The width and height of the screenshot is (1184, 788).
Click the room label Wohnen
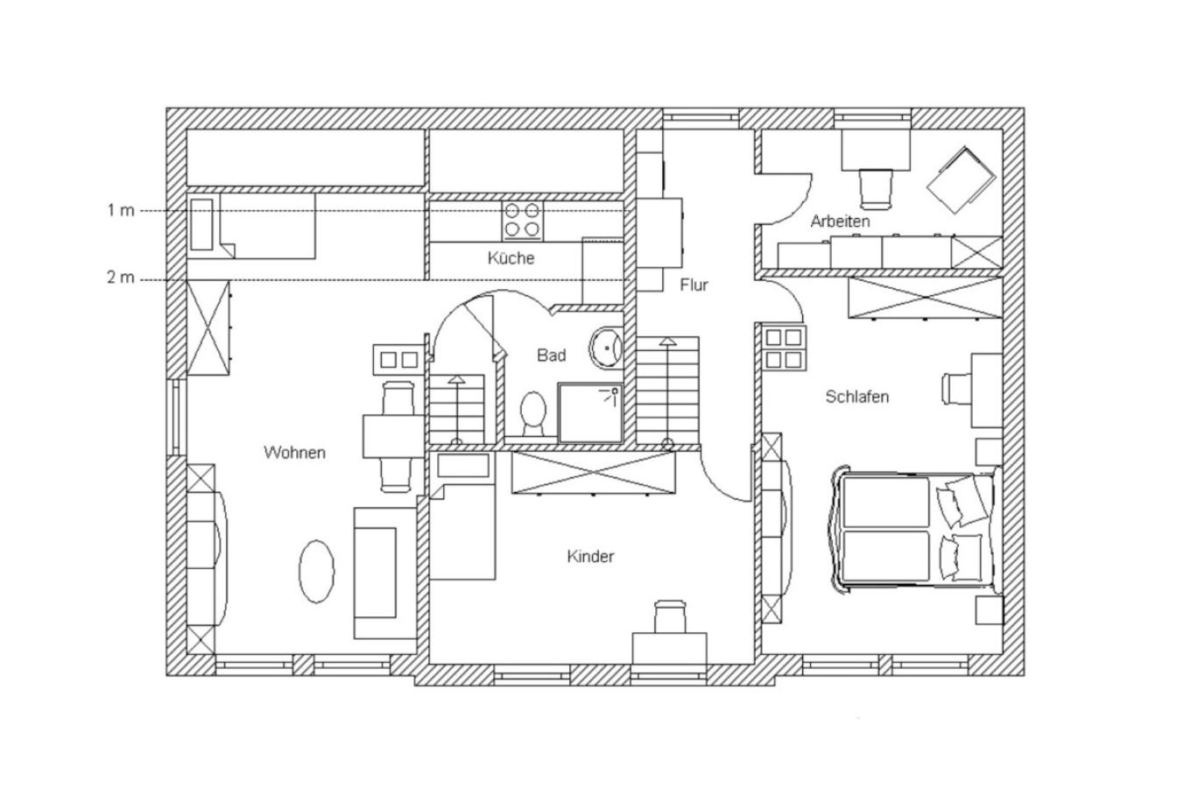[x=294, y=453]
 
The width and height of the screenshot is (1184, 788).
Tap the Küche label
[x=511, y=258]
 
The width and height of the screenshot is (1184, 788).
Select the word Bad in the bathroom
[x=552, y=355]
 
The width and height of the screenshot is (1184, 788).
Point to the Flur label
[x=694, y=285]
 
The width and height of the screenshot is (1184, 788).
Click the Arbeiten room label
[x=840, y=221]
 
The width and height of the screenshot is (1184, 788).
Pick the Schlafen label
[x=856, y=397]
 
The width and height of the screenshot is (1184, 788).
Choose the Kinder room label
[x=590, y=556]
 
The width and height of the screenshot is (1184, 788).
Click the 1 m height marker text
[x=121, y=210]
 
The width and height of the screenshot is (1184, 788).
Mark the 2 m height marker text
[x=121, y=277]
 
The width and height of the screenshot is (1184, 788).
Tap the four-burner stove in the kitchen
[x=522, y=221]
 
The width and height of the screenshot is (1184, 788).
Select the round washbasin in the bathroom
[x=606, y=348]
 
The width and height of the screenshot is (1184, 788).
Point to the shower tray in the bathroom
[x=590, y=412]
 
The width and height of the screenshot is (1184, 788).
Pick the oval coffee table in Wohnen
[x=317, y=572]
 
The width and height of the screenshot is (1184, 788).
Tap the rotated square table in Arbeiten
[x=961, y=180]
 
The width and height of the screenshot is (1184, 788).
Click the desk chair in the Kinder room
[x=670, y=616]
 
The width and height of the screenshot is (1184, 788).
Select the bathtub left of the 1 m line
[x=201, y=225]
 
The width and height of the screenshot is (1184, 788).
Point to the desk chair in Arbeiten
[x=877, y=188]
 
